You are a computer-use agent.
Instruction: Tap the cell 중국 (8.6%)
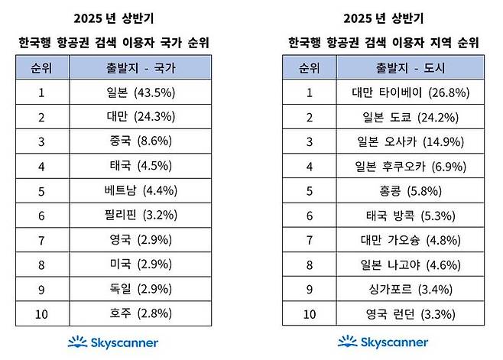[x=140, y=141]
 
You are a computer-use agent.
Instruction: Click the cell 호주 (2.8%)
[x=140, y=313]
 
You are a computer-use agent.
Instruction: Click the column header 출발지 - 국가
[x=140, y=68]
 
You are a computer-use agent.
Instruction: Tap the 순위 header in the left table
[x=43, y=68]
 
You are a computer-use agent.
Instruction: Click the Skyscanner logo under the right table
[x=382, y=342]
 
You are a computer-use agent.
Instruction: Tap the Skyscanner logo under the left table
[x=114, y=342]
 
